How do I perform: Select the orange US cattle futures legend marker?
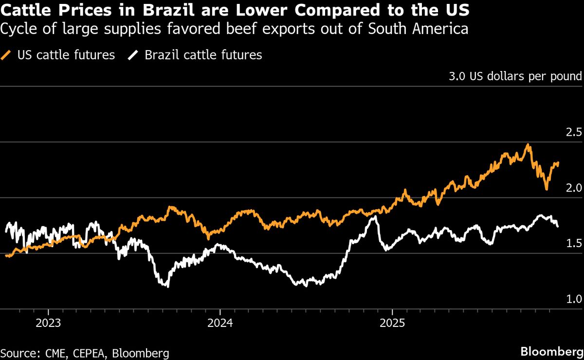[x=7, y=55]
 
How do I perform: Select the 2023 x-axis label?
[x=48, y=323]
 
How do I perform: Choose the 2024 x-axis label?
[x=220, y=323]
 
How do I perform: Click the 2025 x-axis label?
[x=392, y=323]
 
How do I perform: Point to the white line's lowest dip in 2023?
[x=168, y=286]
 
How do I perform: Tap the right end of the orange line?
[x=558, y=163]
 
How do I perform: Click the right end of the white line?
[x=558, y=226]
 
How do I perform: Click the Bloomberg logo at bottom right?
[x=551, y=351]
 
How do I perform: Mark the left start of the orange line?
[x=6, y=255]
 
